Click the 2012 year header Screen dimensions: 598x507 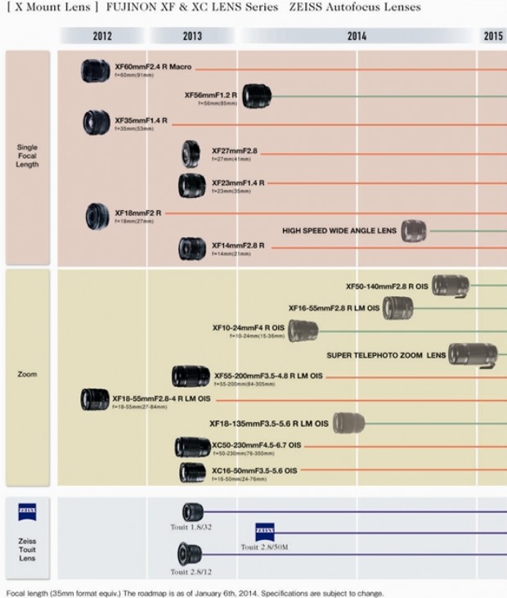(103, 36)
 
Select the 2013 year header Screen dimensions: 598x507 (193, 36)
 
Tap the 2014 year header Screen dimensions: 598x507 (357, 36)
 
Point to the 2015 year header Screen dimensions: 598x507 (493, 36)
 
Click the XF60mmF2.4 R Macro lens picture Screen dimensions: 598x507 (96, 70)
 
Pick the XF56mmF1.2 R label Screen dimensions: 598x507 (211, 95)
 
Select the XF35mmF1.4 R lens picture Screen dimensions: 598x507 (96, 123)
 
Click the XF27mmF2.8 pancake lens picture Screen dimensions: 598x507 (191, 153)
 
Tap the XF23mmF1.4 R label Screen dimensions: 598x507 (238, 182)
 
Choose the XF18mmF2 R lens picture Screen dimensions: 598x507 (97, 214)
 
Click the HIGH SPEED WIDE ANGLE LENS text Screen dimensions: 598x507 (339, 231)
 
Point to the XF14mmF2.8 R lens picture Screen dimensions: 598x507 (192, 248)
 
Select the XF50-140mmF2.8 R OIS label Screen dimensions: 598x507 (387, 286)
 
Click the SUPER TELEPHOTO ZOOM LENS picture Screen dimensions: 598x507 (473, 355)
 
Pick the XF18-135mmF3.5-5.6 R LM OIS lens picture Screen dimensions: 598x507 (348, 423)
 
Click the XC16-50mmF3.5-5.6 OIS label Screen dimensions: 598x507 (254, 470)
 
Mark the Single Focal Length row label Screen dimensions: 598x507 (27, 156)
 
